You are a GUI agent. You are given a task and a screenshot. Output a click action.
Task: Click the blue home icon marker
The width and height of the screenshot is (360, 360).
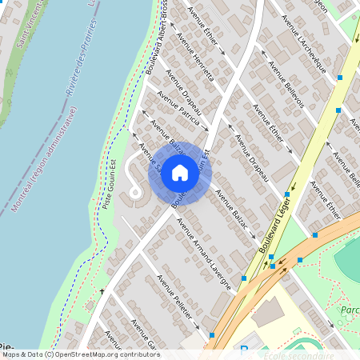pos(180,173)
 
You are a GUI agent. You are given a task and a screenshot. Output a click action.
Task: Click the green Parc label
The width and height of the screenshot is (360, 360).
pos(350,310)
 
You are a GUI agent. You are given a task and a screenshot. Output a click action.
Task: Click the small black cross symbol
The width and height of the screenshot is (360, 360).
pos(102,292)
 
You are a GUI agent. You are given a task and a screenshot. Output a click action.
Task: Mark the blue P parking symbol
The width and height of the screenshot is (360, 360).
pos(244,350)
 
